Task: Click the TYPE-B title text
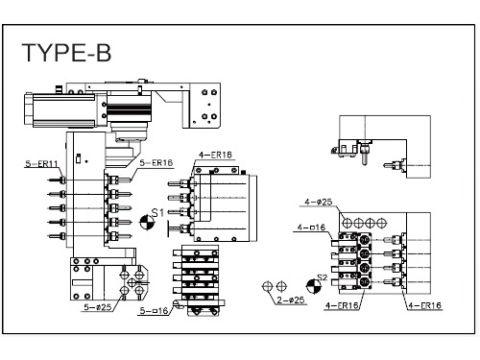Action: pyautogui.click(x=66, y=53)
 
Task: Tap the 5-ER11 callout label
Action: pyautogui.click(x=41, y=164)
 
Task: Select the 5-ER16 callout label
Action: pyautogui.click(x=156, y=162)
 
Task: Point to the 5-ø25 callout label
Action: pyautogui.click(x=98, y=307)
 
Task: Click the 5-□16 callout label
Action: pyautogui.click(x=154, y=310)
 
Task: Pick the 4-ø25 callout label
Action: pyautogui.click(x=319, y=202)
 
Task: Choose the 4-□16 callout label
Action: pyautogui.click(x=311, y=228)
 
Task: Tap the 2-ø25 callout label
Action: pyautogui.click(x=291, y=300)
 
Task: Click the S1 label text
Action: pyautogui.click(x=157, y=212)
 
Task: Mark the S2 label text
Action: pyautogui.click(x=323, y=277)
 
